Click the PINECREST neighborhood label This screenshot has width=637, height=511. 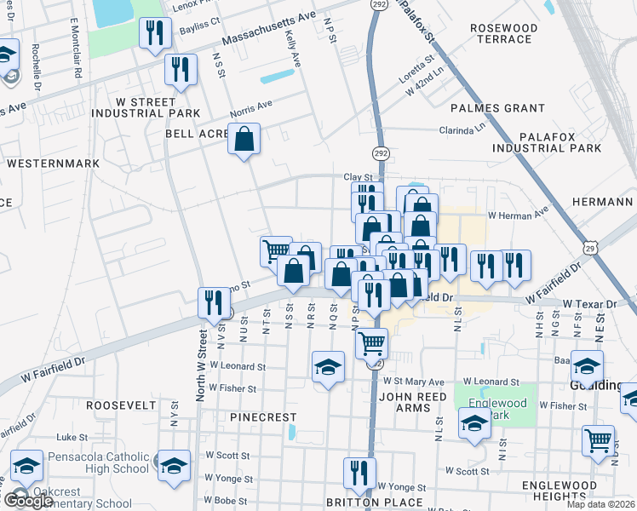263,417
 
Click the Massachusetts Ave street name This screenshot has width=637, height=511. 268,30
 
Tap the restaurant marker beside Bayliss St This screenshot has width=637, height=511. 155,33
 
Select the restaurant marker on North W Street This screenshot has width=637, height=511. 213,302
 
